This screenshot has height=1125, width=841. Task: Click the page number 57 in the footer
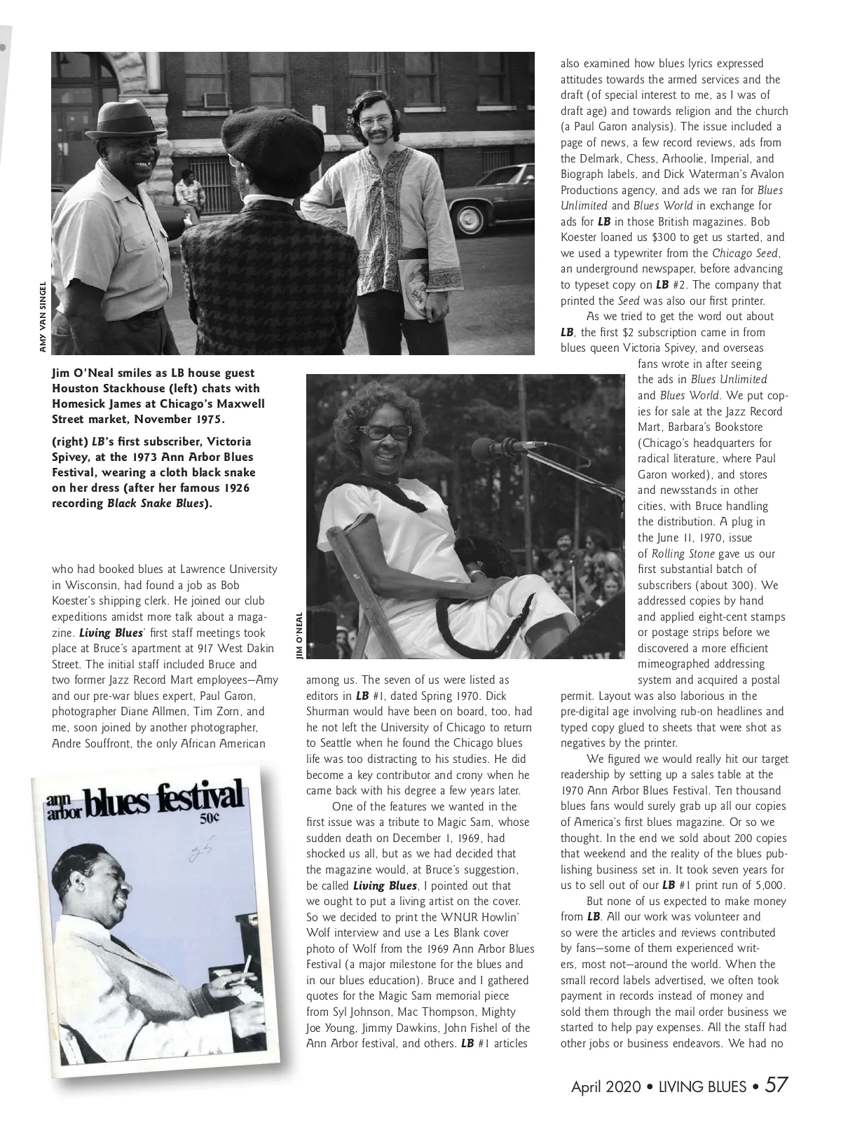click(777, 1085)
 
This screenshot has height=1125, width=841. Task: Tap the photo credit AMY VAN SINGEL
click(43, 317)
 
